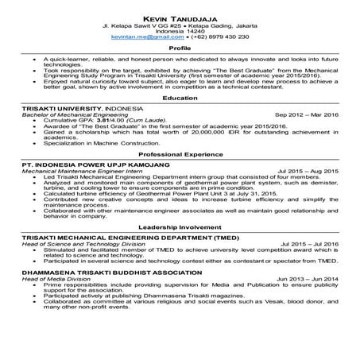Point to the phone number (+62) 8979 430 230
click(215, 37)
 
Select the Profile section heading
click(180, 48)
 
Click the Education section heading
click(180, 98)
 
